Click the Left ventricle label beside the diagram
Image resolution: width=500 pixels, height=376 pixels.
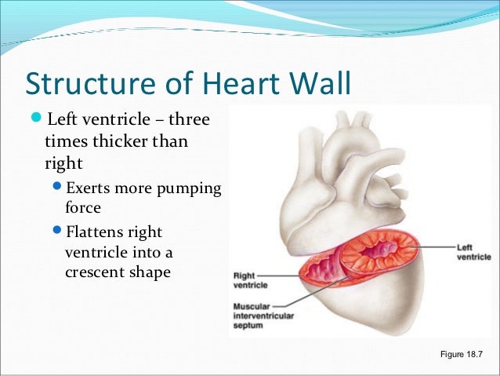coord(473,252)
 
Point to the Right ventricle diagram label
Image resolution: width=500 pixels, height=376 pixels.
coord(250,280)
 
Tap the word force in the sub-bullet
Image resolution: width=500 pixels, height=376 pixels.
coord(82,210)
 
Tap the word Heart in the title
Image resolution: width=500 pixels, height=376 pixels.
coord(235,84)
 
